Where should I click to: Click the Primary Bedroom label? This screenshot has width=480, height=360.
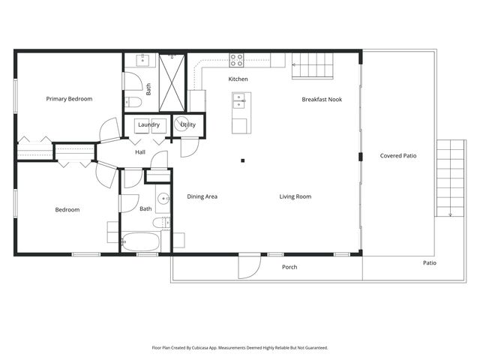[x=69, y=99]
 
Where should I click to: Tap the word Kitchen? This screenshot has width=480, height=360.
[x=238, y=79]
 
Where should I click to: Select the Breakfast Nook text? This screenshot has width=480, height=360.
[x=322, y=99]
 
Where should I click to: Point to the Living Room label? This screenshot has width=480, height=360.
[x=295, y=196]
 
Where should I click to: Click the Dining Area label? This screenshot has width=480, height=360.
[x=202, y=196]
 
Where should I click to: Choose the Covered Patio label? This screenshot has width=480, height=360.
[x=398, y=156]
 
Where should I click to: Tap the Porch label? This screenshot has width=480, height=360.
[x=289, y=267]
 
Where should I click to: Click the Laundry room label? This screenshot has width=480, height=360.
[x=148, y=124]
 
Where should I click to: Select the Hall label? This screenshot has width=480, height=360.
[x=140, y=152]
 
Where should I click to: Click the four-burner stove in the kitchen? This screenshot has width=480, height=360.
[x=237, y=59]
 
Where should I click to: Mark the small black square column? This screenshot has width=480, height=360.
[x=242, y=160]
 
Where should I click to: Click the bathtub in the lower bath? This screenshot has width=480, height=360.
[x=140, y=241]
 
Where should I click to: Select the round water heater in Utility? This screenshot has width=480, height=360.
[x=181, y=125]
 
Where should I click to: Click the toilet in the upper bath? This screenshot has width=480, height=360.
[x=134, y=101]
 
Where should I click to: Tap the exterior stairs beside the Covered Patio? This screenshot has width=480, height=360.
[x=450, y=178]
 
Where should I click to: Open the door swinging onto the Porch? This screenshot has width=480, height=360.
[x=249, y=265]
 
